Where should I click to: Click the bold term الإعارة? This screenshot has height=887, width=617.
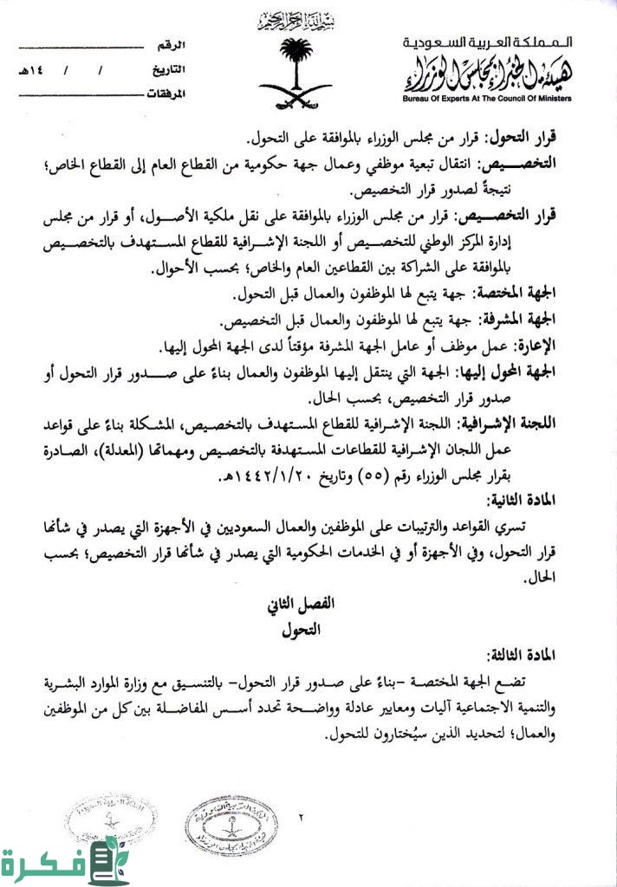coord(533,347)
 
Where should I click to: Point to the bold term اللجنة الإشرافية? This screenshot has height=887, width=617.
coord(508,424)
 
